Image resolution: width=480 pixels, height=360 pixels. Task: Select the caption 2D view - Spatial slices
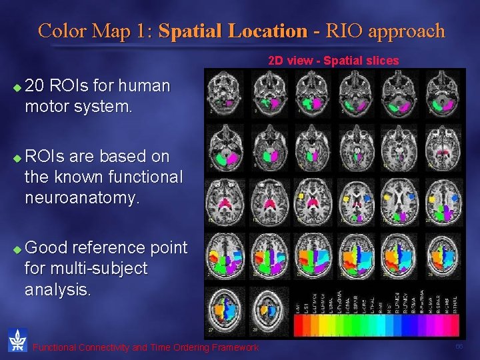point(333,61)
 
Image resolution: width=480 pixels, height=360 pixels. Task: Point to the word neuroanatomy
point(82,198)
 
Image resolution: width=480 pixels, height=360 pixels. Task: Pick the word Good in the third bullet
point(47,248)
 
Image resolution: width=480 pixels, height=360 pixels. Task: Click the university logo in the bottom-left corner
point(17,340)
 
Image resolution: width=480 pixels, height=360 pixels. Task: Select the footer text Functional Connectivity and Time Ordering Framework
point(145,347)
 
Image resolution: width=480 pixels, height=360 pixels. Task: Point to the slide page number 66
point(459,347)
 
